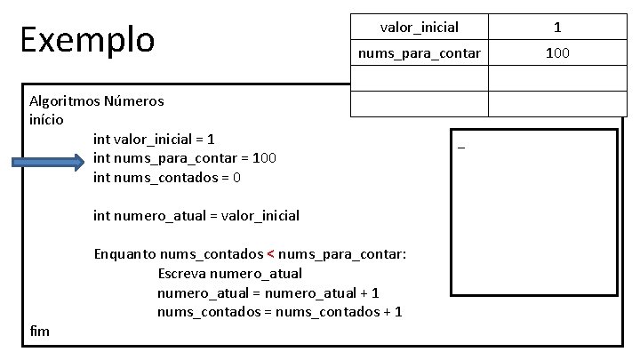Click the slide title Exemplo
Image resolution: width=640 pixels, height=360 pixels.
87,39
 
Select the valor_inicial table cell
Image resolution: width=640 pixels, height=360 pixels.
419,28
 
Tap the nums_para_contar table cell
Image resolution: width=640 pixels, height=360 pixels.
419,53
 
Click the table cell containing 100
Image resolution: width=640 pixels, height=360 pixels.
557,53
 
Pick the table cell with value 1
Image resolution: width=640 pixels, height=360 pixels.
557,28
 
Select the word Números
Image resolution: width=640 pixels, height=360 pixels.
133,100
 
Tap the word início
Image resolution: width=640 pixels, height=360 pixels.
46,118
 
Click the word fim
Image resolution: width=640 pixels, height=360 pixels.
40,331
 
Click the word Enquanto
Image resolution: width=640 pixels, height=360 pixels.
125,254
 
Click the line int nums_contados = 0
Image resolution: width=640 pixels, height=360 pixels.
166,177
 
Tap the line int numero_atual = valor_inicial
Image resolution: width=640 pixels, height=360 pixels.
196,215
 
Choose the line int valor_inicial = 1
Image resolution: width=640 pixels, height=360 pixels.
154,139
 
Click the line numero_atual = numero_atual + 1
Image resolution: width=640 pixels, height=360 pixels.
268,292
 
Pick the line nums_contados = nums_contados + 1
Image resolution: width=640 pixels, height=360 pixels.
279,311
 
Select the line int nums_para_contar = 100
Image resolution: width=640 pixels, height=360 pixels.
185,158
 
